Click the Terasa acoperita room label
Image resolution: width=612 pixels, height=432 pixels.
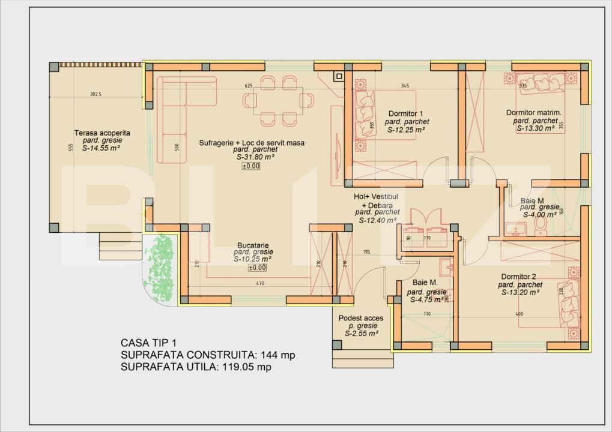point(102,133)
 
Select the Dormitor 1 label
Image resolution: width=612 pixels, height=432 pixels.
point(406,113)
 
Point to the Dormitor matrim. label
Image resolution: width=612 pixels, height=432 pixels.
point(533,112)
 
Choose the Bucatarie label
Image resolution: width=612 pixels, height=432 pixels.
point(252,245)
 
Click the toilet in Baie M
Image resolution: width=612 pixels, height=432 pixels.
point(539,223)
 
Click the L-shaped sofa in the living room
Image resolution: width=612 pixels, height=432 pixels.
point(180,114)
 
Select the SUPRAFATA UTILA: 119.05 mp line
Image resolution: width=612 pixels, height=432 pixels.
point(196,368)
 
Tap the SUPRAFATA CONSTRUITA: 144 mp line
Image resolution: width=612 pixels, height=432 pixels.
point(208,355)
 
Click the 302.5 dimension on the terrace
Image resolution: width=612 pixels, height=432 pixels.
point(95,94)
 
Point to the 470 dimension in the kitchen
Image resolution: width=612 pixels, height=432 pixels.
point(260,283)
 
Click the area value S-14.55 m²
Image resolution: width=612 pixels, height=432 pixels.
point(102,148)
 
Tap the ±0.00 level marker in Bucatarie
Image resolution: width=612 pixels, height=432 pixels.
point(258,268)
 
